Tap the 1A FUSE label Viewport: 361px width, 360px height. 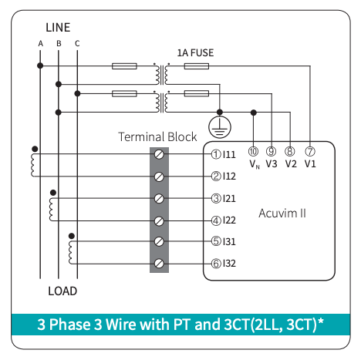point(195,52)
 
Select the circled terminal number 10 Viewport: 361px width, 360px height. point(253,151)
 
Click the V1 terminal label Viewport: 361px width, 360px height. point(310,163)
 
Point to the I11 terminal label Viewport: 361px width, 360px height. point(229,154)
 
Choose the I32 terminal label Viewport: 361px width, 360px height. point(229,264)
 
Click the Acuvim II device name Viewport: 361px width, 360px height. point(282,214)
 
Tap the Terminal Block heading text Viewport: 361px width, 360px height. point(157,136)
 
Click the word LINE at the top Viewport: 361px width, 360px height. point(58,28)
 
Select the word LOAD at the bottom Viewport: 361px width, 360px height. point(62,291)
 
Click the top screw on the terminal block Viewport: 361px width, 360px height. point(159,154)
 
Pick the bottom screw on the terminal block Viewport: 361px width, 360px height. point(159,264)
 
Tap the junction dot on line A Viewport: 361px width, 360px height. point(40,66)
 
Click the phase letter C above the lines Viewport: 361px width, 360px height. point(77,44)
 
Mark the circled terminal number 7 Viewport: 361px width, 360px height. point(310,151)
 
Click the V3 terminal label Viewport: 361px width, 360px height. point(272,163)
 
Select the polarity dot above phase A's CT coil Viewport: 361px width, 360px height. point(35,149)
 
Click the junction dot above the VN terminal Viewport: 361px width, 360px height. point(254,113)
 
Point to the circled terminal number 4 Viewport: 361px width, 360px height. point(216,220)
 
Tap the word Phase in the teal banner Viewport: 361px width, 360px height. point(69,325)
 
